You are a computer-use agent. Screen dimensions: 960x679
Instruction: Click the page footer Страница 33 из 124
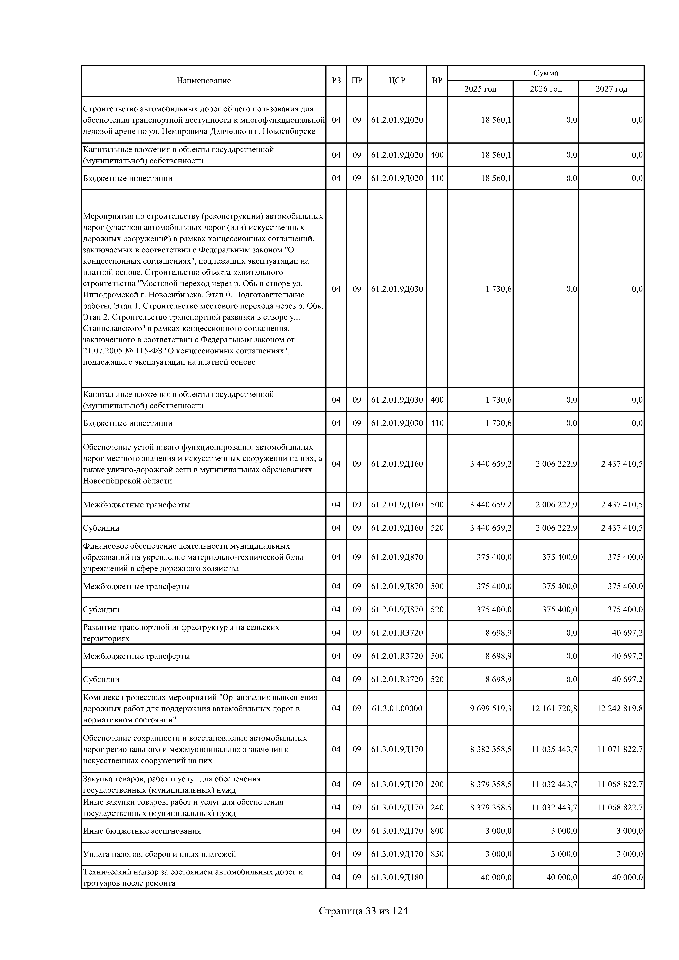click(363, 911)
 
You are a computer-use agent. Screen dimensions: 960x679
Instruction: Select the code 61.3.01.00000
click(397, 708)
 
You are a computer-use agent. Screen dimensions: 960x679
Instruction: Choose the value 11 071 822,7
click(620, 749)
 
